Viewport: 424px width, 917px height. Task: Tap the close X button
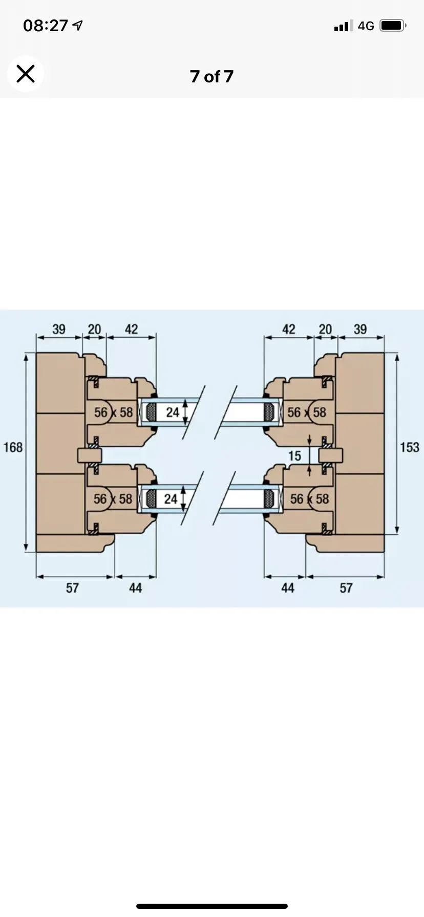pyautogui.click(x=25, y=74)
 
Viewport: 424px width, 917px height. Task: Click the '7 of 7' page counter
pyautogui.click(x=211, y=76)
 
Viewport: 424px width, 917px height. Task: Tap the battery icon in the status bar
pyautogui.click(x=393, y=25)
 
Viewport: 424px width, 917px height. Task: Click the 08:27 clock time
pyautogui.click(x=46, y=26)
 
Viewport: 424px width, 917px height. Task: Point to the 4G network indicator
pyautogui.click(x=366, y=26)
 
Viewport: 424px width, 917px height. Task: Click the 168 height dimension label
pyautogui.click(x=13, y=447)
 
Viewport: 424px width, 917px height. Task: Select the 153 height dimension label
pyautogui.click(x=409, y=447)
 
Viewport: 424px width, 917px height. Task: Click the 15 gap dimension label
pyautogui.click(x=294, y=455)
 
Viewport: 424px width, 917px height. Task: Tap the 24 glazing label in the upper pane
pyautogui.click(x=173, y=412)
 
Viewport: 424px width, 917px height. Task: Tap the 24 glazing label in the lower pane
pyautogui.click(x=171, y=498)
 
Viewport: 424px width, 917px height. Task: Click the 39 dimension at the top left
pyautogui.click(x=59, y=329)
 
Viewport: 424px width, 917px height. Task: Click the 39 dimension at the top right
pyautogui.click(x=360, y=329)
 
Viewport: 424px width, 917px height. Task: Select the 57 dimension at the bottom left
pyautogui.click(x=72, y=588)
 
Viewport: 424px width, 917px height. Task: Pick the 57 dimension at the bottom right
pyautogui.click(x=346, y=588)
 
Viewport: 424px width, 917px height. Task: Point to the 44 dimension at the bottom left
pyautogui.click(x=135, y=588)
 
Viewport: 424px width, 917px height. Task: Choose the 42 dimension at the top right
pyautogui.click(x=289, y=329)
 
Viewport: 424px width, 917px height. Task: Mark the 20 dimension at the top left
pyautogui.click(x=95, y=329)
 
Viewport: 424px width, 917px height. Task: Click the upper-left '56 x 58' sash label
pyautogui.click(x=113, y=412)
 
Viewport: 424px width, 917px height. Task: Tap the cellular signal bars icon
pyautogui.click(x=343, y=26)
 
